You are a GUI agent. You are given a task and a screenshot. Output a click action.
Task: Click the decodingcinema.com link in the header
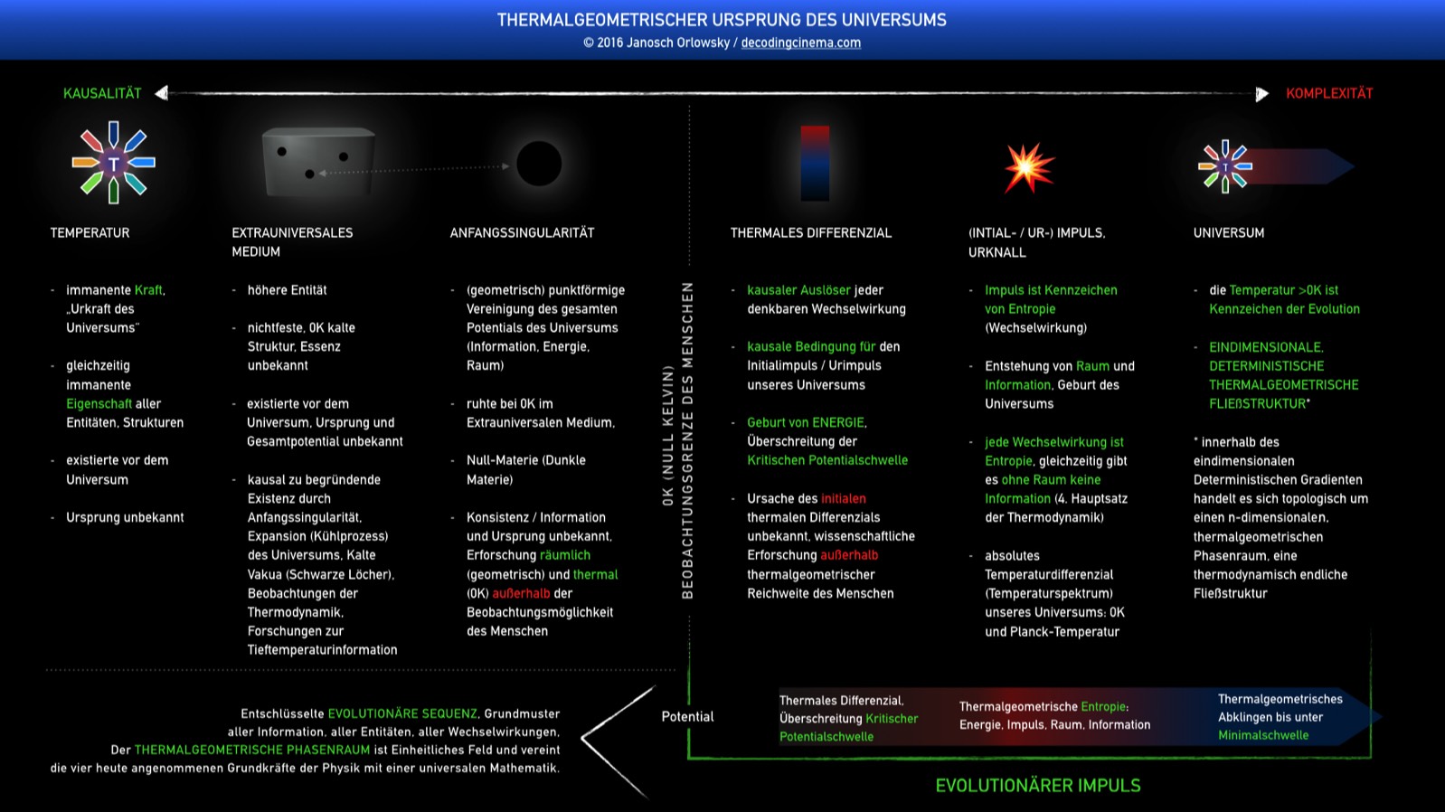(800, 42)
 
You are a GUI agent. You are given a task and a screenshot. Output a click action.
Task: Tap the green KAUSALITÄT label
(102, 93)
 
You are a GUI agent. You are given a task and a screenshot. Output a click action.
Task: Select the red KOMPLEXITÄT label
(1329, 93)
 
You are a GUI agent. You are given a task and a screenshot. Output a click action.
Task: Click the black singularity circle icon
(539, 164)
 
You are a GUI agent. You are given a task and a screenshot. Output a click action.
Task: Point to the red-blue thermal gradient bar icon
(815, 163)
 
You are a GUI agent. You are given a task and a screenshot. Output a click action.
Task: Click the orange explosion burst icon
(1029, 167)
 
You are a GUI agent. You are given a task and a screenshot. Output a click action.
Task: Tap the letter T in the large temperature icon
(114, 164)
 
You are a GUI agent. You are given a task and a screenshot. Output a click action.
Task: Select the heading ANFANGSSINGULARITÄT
(522, 232)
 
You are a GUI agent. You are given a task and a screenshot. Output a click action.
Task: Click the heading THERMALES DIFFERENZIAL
(811, 232)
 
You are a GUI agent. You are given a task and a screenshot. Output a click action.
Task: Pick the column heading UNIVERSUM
(1228, 232)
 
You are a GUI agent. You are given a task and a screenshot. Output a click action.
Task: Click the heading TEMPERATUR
(90, 232)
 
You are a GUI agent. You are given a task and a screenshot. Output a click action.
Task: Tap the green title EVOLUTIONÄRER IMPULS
(1038, 786)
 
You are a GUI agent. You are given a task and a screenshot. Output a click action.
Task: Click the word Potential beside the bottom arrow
(687, 716)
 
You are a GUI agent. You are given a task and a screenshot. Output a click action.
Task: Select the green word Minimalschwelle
(1263, 735)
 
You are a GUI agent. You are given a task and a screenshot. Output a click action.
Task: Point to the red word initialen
(843, 498)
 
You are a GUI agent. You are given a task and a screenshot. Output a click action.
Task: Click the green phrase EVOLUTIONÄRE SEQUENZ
(402, 714)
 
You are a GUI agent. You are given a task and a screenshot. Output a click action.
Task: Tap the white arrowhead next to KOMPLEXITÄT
(1262, 94)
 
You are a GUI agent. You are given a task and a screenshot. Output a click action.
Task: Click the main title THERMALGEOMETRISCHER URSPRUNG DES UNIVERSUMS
(722, 20)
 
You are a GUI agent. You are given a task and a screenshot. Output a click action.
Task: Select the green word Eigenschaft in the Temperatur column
(99, 404)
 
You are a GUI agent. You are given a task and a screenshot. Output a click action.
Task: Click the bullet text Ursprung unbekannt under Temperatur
(125, 517)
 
